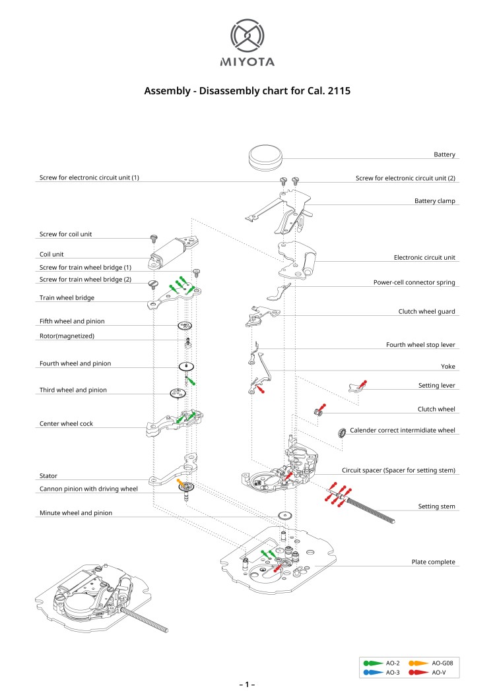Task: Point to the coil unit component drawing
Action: tap(174, 251)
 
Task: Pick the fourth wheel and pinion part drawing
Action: tap(187, 367)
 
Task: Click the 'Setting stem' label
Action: tap(436, 506)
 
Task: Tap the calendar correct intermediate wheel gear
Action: tap(342, 433)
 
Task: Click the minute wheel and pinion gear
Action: tap(285, 517)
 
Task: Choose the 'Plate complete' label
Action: tap(433, 562)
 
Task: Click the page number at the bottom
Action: tap(247, 685)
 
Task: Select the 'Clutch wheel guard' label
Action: tap(426, 311)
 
